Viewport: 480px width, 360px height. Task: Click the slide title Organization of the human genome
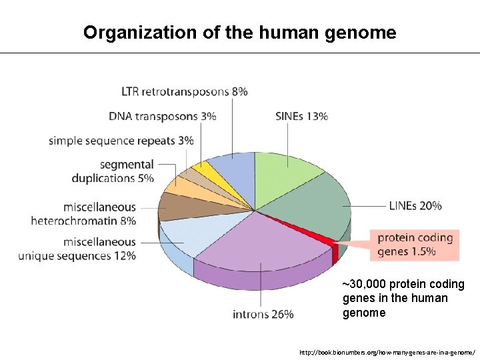tap(239, 33)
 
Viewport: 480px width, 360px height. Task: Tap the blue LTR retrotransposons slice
tap(231, 173)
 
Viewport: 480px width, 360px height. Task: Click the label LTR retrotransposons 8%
tap(185, 91)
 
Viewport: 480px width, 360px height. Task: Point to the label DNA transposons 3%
tap(163, 117)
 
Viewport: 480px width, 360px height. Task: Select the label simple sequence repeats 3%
tap(121, 141)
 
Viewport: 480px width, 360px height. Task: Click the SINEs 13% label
tap(301, 117)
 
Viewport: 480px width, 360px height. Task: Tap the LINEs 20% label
tap(415, 206)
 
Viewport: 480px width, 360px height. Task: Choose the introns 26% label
tap(263, 314)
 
